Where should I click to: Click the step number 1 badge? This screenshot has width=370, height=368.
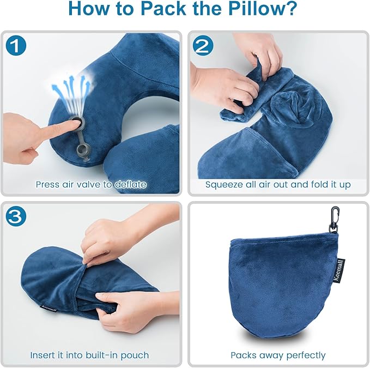point(17,46)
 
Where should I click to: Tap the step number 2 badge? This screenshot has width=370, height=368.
point(203,46)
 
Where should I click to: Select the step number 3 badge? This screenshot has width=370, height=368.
point(17,216)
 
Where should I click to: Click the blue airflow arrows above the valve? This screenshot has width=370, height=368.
point(71,87)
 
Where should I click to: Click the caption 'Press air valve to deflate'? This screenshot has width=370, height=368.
point(91,184)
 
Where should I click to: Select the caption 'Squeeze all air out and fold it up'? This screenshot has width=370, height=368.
point(278,184)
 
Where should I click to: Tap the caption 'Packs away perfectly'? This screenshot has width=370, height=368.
point(278,355)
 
